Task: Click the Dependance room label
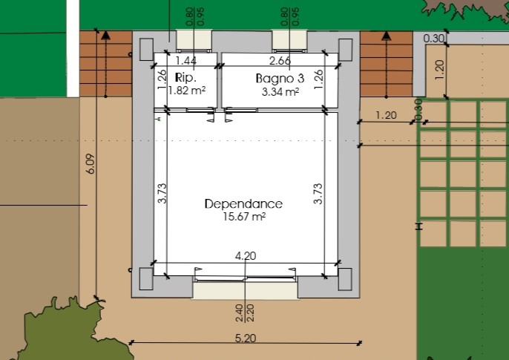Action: point(243,204)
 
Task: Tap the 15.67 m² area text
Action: point(244,216)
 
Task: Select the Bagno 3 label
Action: point(280,79)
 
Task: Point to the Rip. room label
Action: point(185,78)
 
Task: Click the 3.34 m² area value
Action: point(280,92)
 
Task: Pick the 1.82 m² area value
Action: point(187,91)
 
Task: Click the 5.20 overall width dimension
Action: point(246,338)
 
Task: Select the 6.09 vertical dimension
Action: point(91,163)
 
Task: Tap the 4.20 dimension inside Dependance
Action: point(246,256)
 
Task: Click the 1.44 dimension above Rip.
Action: point(185,61)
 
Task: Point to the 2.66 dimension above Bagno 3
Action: point(280,61)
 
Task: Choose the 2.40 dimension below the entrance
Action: point(240,313)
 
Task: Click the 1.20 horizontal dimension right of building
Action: point(386,115)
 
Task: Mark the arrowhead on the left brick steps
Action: point(105,35)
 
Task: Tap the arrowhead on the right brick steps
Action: point(386,36)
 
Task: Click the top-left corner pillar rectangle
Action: point(146,49)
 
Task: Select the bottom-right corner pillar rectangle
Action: point(345,279)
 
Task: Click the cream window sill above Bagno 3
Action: point(289,39)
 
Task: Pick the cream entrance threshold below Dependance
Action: point(245,290)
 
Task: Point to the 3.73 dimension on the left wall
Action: point(162,194)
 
